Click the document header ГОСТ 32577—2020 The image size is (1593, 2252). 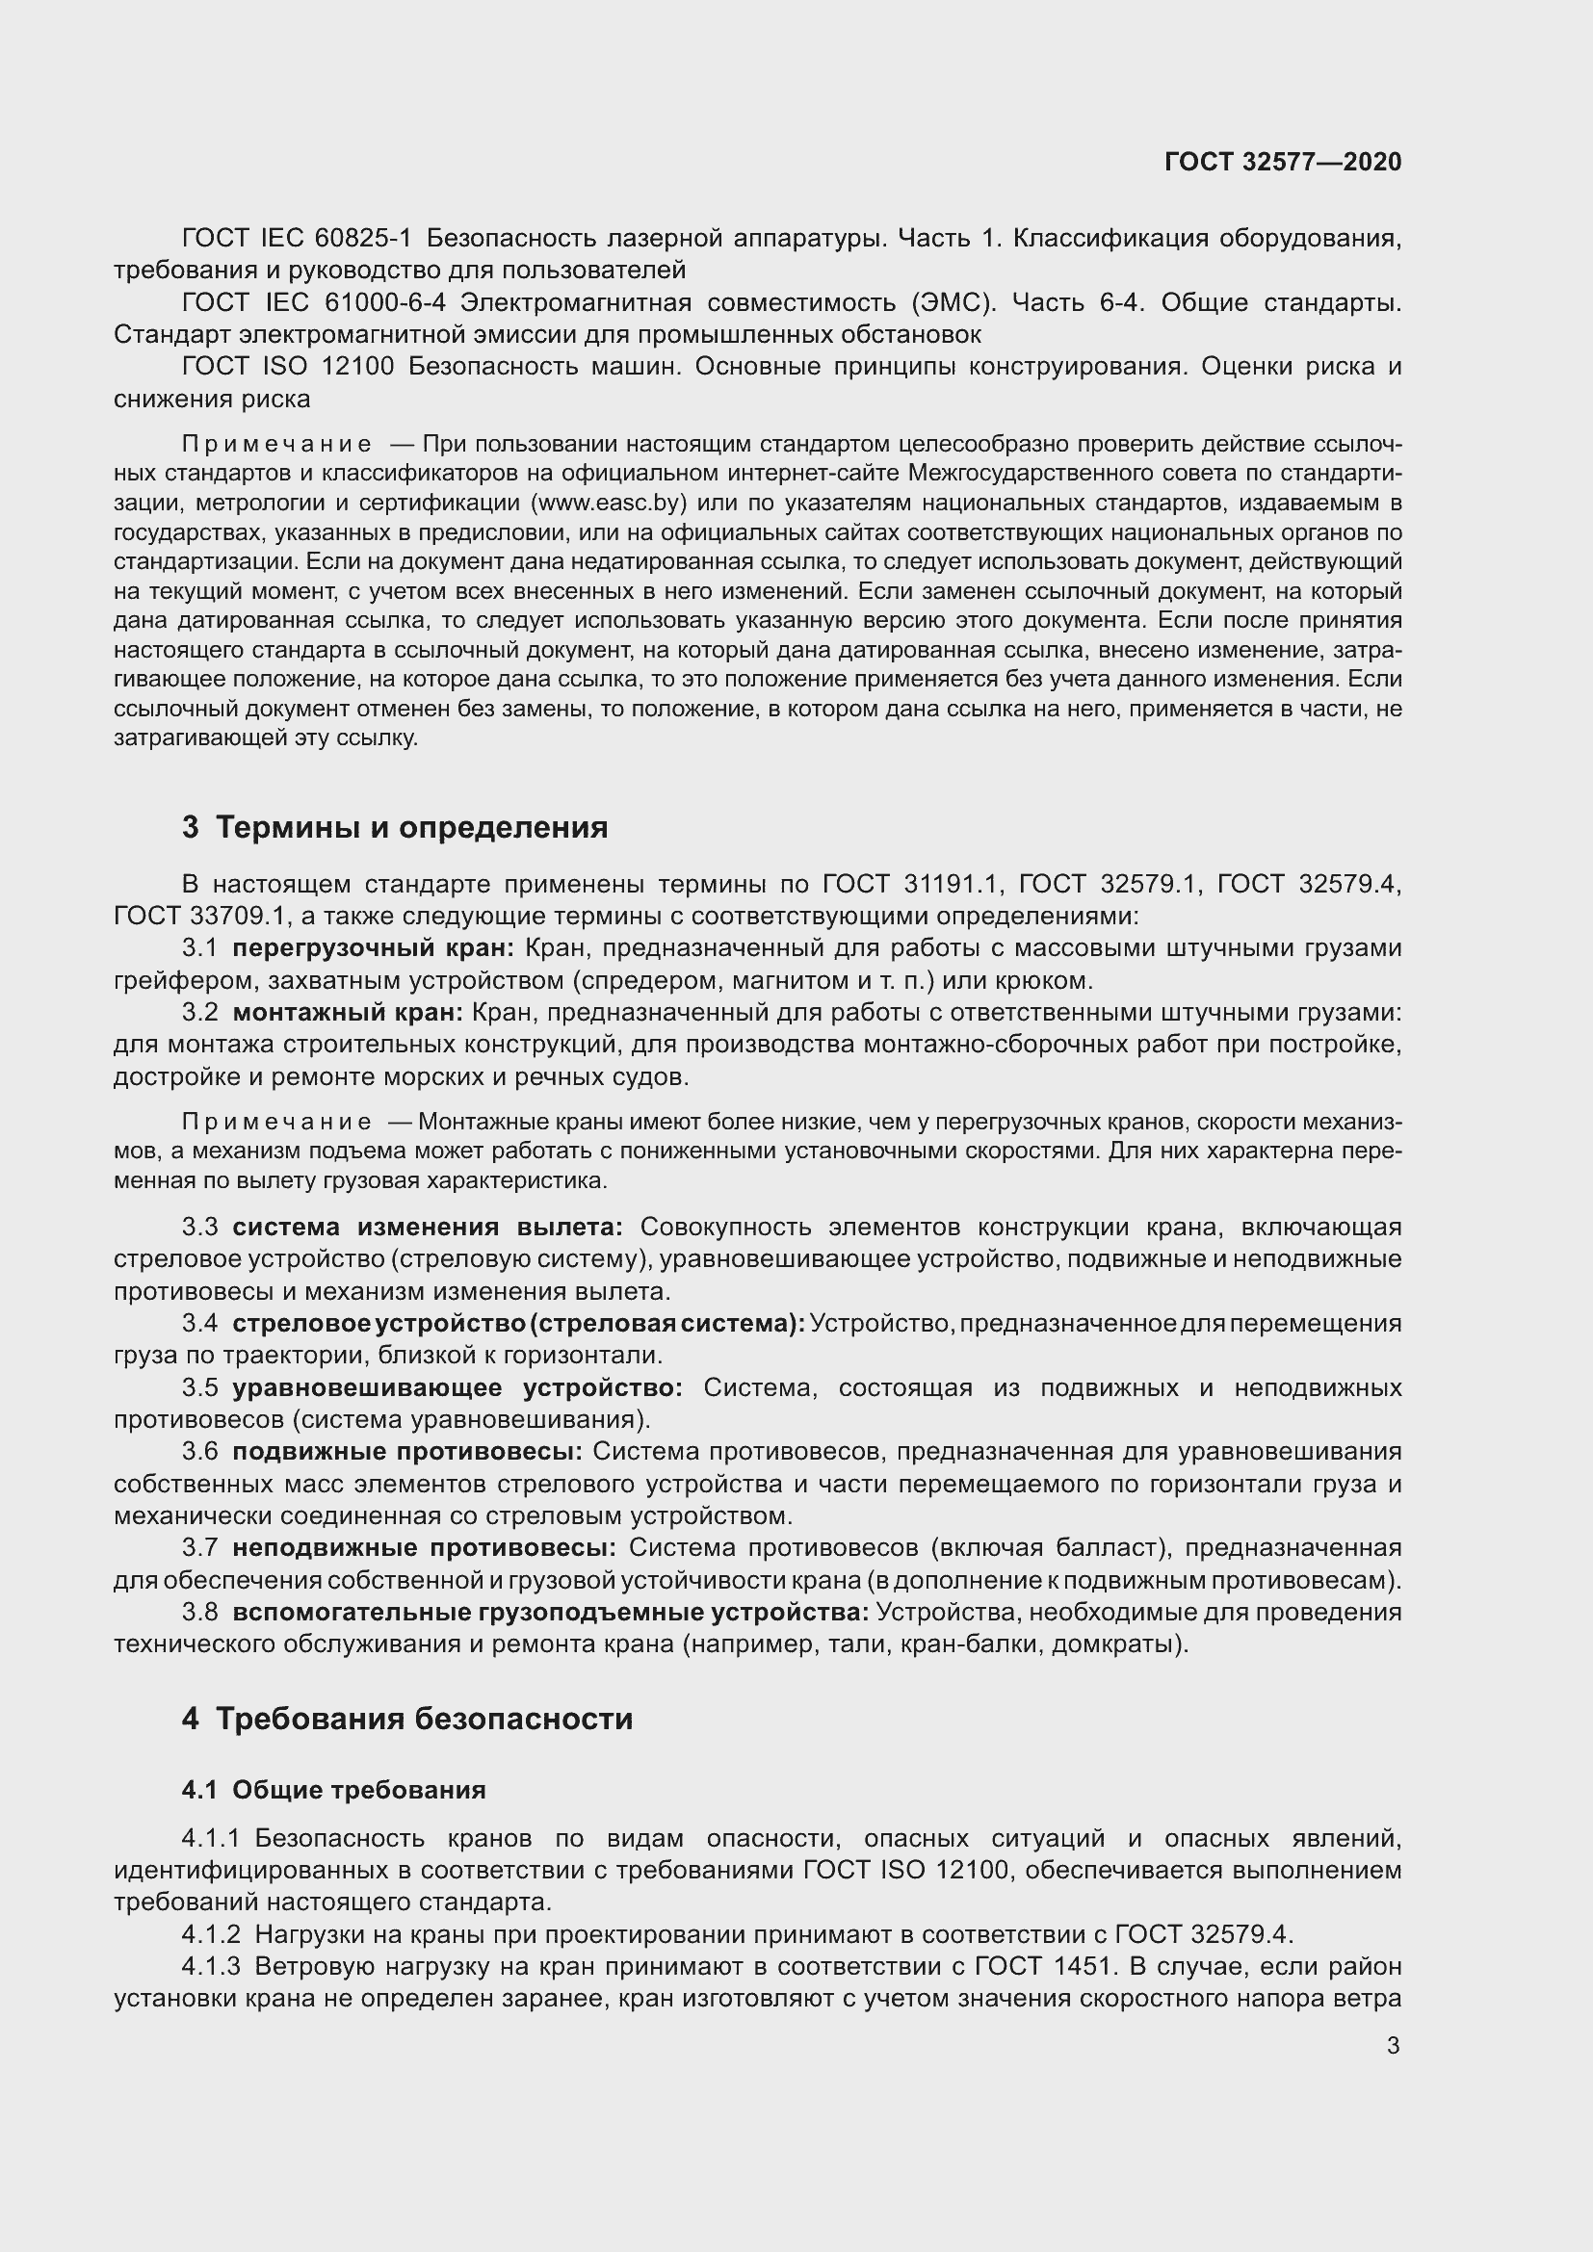pyautogui.click(x=1282, y=163)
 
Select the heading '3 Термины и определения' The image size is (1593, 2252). pyautogui.click(x=394, y=827)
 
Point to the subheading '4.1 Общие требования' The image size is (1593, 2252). pyautogui.click(x=333, y=1790)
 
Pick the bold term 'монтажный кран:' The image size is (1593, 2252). pyautogui.click(x=348, y=1012)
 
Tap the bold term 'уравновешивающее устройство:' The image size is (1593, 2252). pyautogui.click(x=457, y=1388)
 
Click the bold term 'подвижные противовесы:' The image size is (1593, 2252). pyautogui.click(x=407, y=1451)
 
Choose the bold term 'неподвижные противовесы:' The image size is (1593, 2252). pyautogui.click(x=424, y=1548)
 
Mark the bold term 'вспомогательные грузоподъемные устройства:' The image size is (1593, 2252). pyautogui.click(x=550, y=1612)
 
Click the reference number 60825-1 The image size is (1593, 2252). pyautogui.click(x=364, y=239)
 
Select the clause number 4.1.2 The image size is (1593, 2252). pyautogui.click(x=211, y=1934)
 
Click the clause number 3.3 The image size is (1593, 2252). pyautogui.click(x=199, y=1227)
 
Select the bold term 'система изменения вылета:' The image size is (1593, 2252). pyautogui.click(x=427, y=1227)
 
